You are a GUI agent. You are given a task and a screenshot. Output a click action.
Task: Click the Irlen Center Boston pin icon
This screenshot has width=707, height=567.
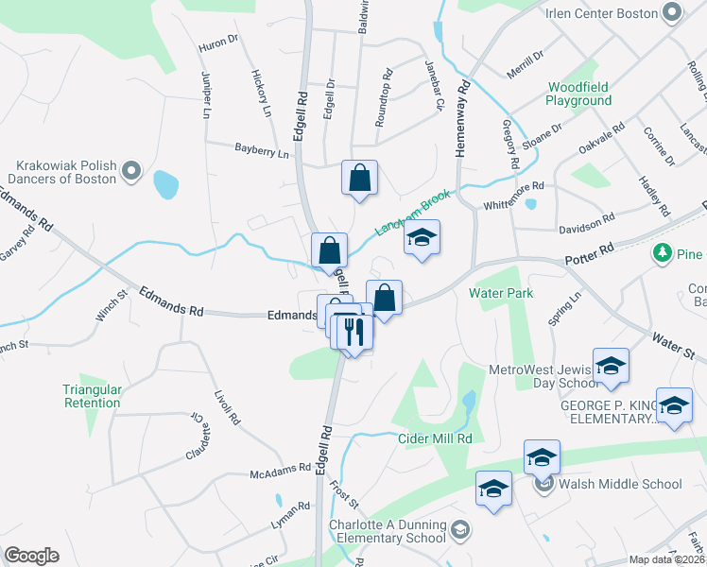tap(673, 12)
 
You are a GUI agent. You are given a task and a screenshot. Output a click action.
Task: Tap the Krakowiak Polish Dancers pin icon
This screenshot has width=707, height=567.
tap(132, 172)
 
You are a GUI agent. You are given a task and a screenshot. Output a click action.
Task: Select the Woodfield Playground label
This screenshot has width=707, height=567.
tap(578, 94)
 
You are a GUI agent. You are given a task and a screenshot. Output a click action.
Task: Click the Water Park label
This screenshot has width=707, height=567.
tap(501, 293)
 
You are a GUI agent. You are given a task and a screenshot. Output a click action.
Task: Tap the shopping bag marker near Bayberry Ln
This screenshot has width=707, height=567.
tap(359, 178)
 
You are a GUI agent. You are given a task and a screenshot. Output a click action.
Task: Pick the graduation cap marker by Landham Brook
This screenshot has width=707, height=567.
tap(422, 238)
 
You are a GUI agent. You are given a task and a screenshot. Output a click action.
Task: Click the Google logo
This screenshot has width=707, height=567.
tap(31, 555)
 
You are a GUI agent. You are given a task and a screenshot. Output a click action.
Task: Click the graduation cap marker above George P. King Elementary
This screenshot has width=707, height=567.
tap(611, 365)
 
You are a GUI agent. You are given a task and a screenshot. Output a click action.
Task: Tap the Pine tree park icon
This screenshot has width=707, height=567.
tap(662, 253)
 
